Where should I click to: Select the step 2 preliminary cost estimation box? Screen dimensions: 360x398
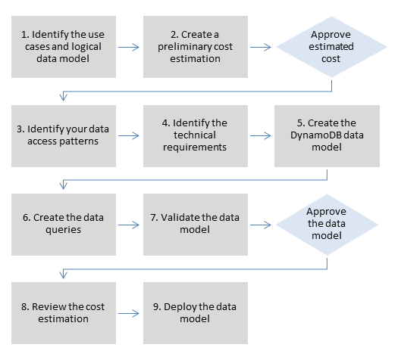(195, 46)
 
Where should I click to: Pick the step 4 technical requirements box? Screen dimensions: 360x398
(195, 135)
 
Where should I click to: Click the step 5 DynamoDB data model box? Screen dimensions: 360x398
(327, 135)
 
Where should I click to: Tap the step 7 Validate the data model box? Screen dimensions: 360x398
(195, 224)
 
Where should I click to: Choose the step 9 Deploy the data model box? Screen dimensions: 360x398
(195, 313)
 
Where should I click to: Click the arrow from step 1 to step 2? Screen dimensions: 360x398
(130, 47)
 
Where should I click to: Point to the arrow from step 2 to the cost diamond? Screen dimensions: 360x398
(261, 47)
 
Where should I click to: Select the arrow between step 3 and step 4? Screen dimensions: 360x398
(130, 136)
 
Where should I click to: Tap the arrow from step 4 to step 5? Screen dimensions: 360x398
(261, 136)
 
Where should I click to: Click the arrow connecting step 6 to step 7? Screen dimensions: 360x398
(130, 225)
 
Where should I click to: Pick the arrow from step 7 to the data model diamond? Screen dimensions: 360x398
(261, 225)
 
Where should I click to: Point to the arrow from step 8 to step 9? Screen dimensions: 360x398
(130, 314)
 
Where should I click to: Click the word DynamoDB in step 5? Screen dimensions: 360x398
(319, 135)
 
